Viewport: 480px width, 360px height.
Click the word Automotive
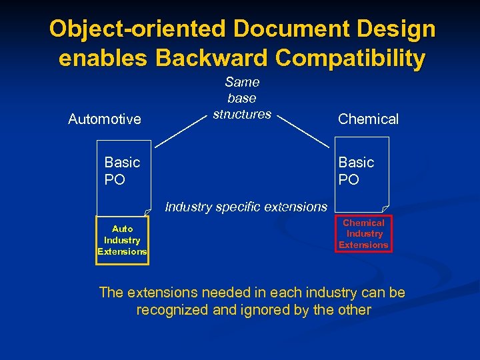pos(105,119)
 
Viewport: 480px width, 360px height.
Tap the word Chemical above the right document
pos(368,119)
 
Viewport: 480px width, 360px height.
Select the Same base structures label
pos(242,98)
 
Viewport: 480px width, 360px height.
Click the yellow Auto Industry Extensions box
pos(123,240)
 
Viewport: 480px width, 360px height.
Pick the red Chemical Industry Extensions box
pos(363,234)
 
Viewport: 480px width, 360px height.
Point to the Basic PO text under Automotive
pos(122,171)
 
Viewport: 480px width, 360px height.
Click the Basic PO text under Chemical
pos(356,171)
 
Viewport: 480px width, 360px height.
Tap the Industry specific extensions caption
pos(246,207)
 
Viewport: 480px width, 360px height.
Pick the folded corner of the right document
pos(385,209)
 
